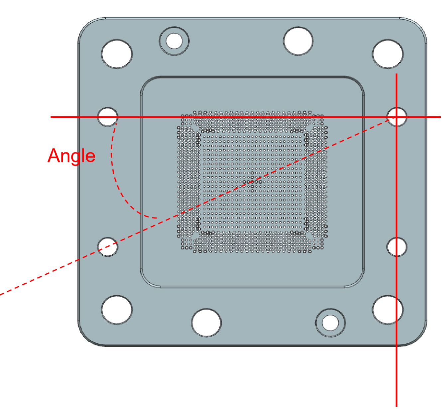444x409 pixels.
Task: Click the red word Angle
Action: click(x=71, y=157)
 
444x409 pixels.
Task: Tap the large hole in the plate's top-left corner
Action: click(x=117, y=54)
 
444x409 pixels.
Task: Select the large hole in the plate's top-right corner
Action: click(x=388, y=54)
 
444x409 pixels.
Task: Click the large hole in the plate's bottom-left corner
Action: click(x=117, y=310)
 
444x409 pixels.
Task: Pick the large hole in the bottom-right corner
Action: click(x=388, y=310)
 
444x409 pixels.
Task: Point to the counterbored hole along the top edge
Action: click(x=174, y=41)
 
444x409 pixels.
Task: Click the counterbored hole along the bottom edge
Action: click(x=330, y=323)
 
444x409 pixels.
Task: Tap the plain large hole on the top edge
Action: click(x=298, y=41)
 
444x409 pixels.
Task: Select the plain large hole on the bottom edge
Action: click(x=206, y=323)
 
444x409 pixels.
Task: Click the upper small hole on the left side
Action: click(x=108, y=117)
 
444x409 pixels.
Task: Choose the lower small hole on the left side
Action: click(x=108, y=247)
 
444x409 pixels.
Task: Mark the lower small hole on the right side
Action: click(x=397, y=247)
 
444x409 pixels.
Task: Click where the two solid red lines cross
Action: click(x=396, y=117)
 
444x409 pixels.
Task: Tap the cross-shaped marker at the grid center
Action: click(x=252, y=182)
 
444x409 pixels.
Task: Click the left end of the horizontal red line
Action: click(x=51, y=117)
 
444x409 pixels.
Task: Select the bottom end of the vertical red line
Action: click(x=396, y=406)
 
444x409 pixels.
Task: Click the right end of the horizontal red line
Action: click(x=441, y=117)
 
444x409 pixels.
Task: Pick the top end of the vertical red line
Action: click(x=396, y=73)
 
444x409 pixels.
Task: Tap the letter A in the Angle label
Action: click(x=54, y=156)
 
